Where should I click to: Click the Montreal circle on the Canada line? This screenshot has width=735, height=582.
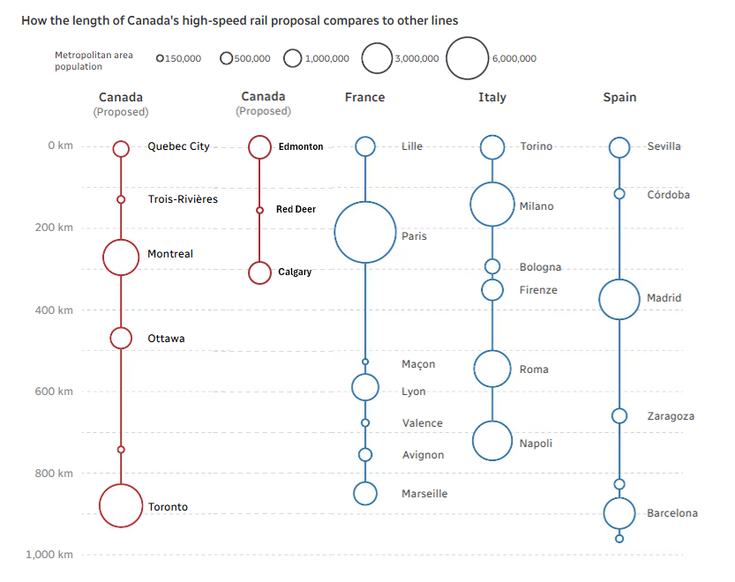(x=121, y=257)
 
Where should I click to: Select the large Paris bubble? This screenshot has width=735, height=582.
(x=364, y=232)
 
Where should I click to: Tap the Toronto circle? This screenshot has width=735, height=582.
(x=121, y=505)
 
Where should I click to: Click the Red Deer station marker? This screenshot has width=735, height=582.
(x=259, y=210)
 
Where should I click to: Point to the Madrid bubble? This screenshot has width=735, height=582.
(x=619, y=299)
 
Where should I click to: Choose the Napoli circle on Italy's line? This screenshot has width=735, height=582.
(x=491, y=440)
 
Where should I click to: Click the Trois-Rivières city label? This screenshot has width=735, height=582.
(x=183, y=199)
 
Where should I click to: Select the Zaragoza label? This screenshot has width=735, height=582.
(x=671, y=416)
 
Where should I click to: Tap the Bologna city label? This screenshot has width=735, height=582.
(x=540, y=267)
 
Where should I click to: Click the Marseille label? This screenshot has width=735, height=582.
(x=424, y=494)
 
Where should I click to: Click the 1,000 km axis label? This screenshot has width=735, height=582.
(x=49, y=555)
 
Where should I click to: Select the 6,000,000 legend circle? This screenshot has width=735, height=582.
(x=467, y=58)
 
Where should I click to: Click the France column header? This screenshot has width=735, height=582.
(x=364, y=97)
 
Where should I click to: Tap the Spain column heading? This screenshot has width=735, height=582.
(x=619, y=97)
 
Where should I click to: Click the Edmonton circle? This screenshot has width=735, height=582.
(x=259, y=146)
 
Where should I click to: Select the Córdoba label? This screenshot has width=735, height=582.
(x=669, y=195)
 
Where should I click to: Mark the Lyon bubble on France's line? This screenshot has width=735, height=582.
(x=364, y=386)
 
